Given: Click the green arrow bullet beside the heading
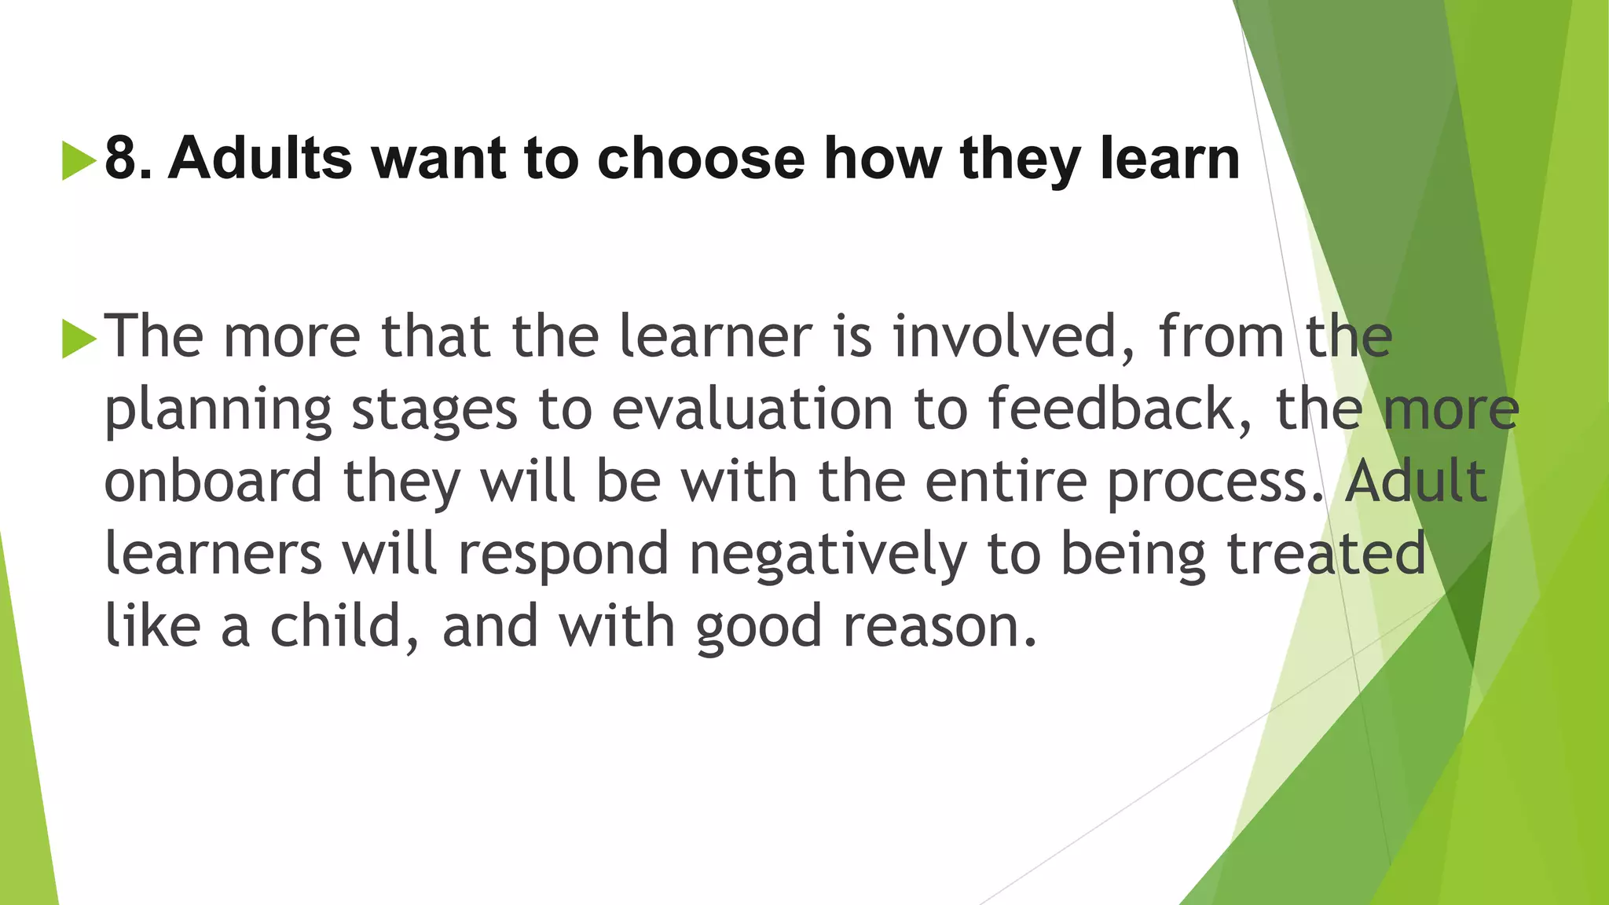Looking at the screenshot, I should point(78,160).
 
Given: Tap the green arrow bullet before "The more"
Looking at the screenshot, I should point(78,339).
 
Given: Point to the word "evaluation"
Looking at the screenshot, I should point(752,409).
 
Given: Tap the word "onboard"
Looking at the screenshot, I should point(213,481).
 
